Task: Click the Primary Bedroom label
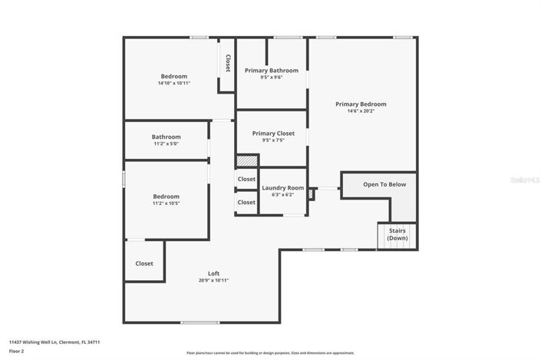point(361,104)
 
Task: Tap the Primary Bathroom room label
point(272,71)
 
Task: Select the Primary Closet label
point(273,134)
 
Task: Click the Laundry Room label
point(283,188)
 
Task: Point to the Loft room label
point(213,273)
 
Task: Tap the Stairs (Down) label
point(398,234)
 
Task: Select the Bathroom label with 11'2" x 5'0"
point(166,137)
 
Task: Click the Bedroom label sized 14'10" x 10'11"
point(174,76)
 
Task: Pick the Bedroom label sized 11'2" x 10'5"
point(166,197)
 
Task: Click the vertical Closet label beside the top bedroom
point(228,64)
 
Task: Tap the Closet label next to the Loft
point(144,263)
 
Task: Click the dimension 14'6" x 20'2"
point(361,111)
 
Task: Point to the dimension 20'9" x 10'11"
point(213,281)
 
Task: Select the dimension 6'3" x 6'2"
point(283,195)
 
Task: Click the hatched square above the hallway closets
point(246,161)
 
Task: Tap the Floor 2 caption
point(17,351)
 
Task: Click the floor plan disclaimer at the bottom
point(270,353)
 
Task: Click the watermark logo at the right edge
point(525,180)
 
